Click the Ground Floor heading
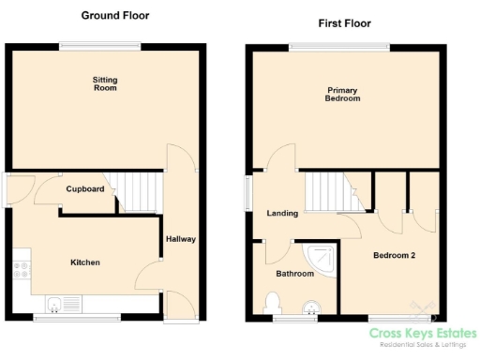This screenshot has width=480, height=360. [114, 16]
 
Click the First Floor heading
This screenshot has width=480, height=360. [345, 22]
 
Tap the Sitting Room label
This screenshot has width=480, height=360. [104, 85]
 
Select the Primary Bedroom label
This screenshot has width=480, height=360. [342, 94]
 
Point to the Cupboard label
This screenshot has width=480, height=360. [84, 188]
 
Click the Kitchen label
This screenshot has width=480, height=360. [84, 262]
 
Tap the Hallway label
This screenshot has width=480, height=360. [180, 239]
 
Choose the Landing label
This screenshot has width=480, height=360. [281, 213]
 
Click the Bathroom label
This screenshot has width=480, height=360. [293, 275]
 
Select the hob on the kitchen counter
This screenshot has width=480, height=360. [21, 272]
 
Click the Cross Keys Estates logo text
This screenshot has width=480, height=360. [422, 334]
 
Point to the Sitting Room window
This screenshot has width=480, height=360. [93, 45]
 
